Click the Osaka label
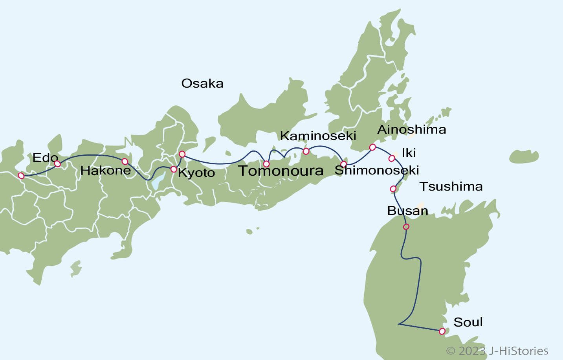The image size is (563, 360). [x=202, y=83]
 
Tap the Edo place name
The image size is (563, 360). [x=45, y=158]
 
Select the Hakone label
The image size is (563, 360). [x=106, y=170]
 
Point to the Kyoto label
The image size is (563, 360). [x=196, y=173]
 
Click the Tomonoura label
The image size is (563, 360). [x=281, y=171]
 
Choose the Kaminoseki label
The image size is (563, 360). [x=318, y=136]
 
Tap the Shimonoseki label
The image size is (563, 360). [x=377, y=170]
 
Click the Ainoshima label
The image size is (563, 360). [x=411, y=129]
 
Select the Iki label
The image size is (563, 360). [x=409, y=153]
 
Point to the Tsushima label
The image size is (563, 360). [x=451, y=186]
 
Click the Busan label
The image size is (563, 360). [x=407, y=211]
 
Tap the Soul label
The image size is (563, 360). [x=468, y=322]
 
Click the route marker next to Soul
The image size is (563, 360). [x=442, y=331]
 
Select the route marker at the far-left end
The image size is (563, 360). [x=21, y=176]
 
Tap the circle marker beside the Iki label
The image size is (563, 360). [x=392, y=158]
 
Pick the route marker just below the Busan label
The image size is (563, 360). [x=406, y=227]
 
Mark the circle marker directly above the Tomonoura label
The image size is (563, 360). [x=266, y=163]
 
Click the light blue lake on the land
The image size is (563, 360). [x=158, y=181]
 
